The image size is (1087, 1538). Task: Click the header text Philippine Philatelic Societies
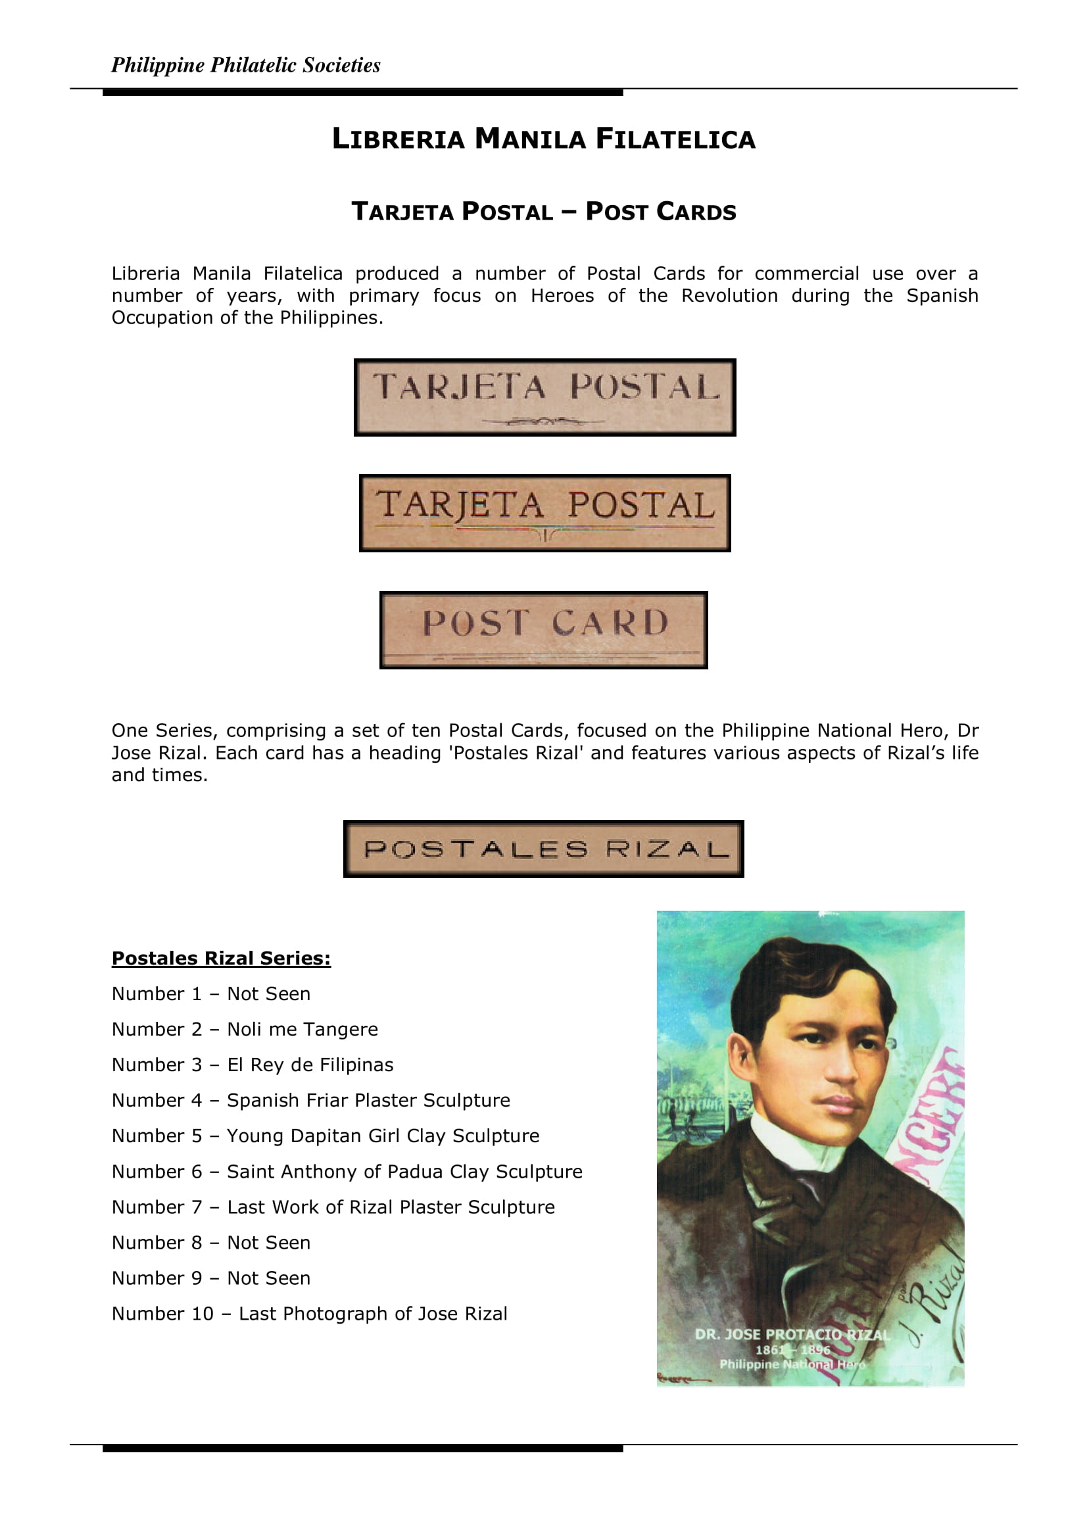(x=245, y=65)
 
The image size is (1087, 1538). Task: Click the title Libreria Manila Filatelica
(x=543, y=139)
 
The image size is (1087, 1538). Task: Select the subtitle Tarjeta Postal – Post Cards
(x=543, y=212)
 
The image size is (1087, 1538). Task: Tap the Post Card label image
(x=543, y=630)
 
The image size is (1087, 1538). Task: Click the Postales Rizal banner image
(x=543, y=849)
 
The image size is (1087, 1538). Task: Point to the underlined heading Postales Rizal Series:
(x=221, y=958)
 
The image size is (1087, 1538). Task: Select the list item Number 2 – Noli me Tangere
(x=245, y=1029)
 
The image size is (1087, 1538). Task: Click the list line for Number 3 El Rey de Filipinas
(x=253, y=1065)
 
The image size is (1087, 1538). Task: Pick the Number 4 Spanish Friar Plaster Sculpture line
(x=311, y=1100)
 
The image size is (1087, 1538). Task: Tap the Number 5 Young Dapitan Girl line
(x=326, y=1136)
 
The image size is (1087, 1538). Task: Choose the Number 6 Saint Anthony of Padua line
(x=347, y=1171)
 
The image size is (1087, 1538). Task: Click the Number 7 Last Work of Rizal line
(x=333, y=1207)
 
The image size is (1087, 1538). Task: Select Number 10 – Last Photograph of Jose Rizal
(x=310, y=1313)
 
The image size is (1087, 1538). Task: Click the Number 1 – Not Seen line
(x=211, y=994)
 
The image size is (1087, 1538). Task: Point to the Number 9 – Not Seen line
(x=211, y=1278)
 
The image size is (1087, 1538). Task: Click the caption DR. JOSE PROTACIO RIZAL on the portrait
(x=792, y=1334)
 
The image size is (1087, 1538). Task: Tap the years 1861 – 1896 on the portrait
(x=792, y=1349)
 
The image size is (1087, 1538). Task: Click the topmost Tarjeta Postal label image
(x=544, y=397)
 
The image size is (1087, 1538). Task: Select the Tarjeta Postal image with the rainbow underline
(x=544, y=513)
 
